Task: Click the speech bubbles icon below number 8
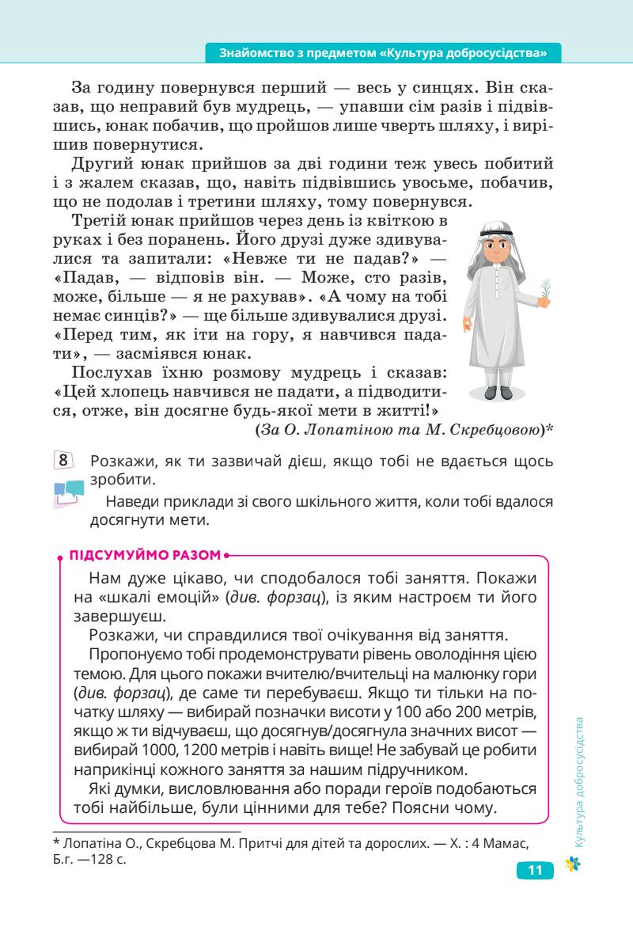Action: [x=68, y=492]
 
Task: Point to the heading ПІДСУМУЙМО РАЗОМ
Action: [x=146, y=555]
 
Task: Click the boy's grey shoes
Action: [x=499, y=391]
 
